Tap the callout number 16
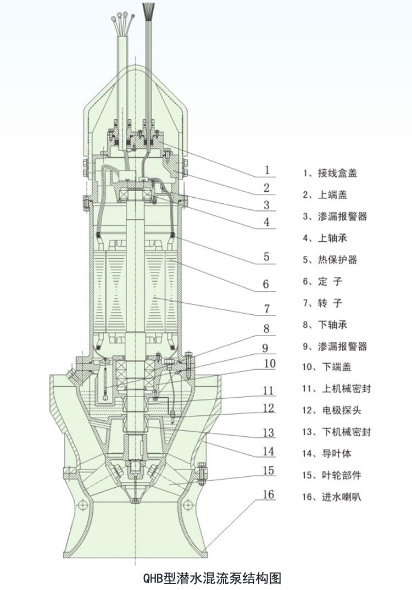(268, 494)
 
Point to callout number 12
(268, 408)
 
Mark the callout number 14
(268, 452)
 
